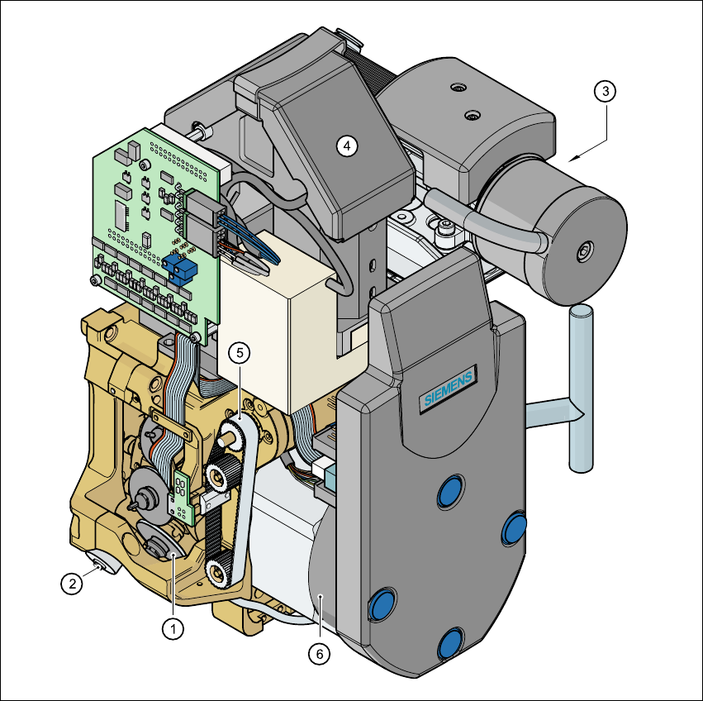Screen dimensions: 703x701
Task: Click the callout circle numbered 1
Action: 173,629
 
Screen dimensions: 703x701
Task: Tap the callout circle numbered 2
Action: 72,584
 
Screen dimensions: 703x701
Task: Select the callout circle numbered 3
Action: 605,91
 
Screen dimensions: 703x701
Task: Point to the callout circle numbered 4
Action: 347,145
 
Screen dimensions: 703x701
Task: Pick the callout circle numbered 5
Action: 240,353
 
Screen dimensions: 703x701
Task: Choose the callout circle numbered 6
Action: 319,654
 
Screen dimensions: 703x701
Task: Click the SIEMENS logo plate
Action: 449,389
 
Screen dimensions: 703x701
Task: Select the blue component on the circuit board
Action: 180,270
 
